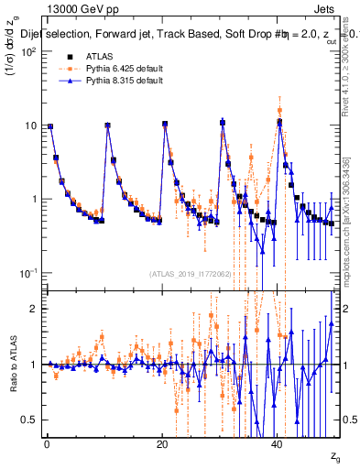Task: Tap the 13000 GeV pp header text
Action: click(55, 8)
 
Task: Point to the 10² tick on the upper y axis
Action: click(29, 52)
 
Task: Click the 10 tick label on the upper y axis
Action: click(30, 125)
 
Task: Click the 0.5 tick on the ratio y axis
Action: click(32, 420)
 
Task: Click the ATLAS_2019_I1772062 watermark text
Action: click(191, 274)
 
